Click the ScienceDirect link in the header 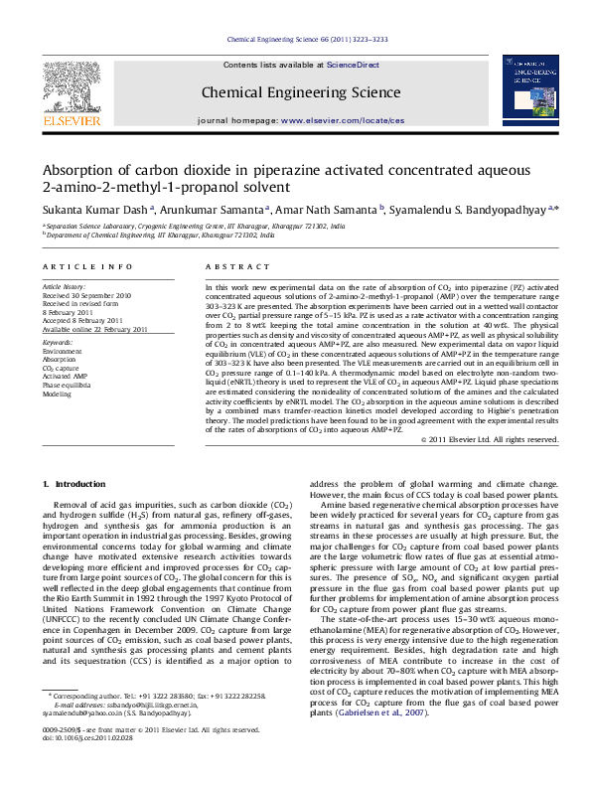[353, 65]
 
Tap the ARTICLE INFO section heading [87, 267]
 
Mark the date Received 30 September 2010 [87, 296]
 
